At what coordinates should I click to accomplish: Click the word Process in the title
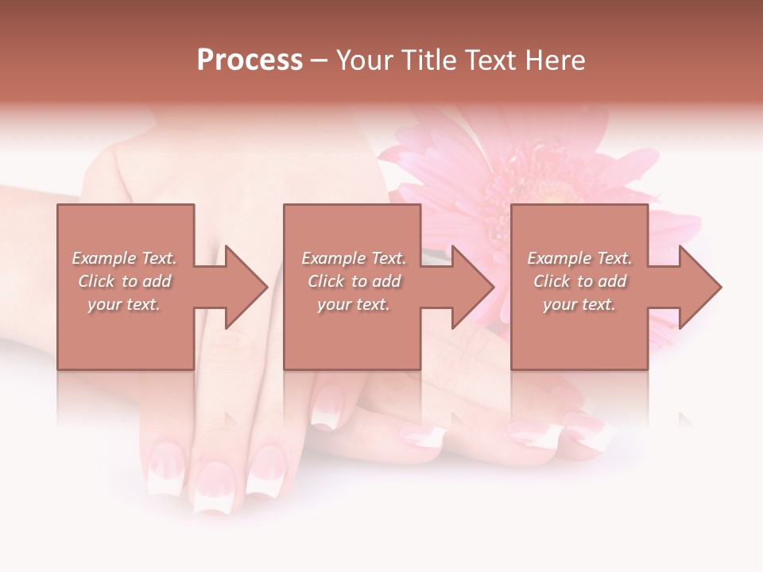coord(250,60)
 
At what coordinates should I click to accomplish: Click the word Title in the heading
coord(428,60)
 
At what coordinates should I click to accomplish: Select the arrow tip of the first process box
coord(265,287)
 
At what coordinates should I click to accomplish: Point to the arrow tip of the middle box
coord(491,287)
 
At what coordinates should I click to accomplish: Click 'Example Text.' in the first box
coord(124,258)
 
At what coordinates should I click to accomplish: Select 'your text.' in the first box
coord(124,304)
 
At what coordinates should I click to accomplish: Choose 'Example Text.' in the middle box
coord(354,258)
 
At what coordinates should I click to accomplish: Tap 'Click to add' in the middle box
coord(354,281)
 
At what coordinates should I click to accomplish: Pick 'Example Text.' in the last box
coord(579,258)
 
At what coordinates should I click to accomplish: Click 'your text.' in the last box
coord(579,304)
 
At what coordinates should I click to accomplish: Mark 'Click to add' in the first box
coord(124,281)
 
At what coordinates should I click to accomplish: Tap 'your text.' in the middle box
coord(354,304)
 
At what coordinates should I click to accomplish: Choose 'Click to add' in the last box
coord(579,281)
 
